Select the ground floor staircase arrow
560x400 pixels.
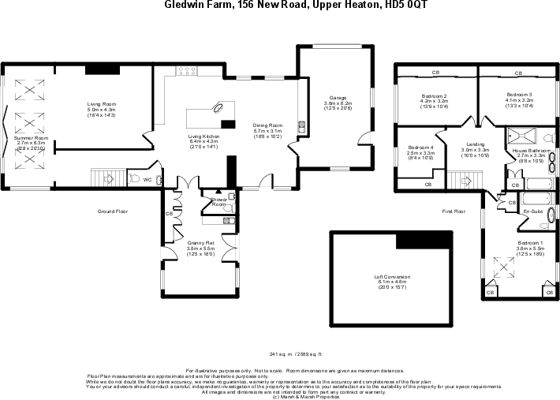click(x=108, y=179)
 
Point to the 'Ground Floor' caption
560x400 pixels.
click(x=113, y=211)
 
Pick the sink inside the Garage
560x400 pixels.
click(x=301, y=125)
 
